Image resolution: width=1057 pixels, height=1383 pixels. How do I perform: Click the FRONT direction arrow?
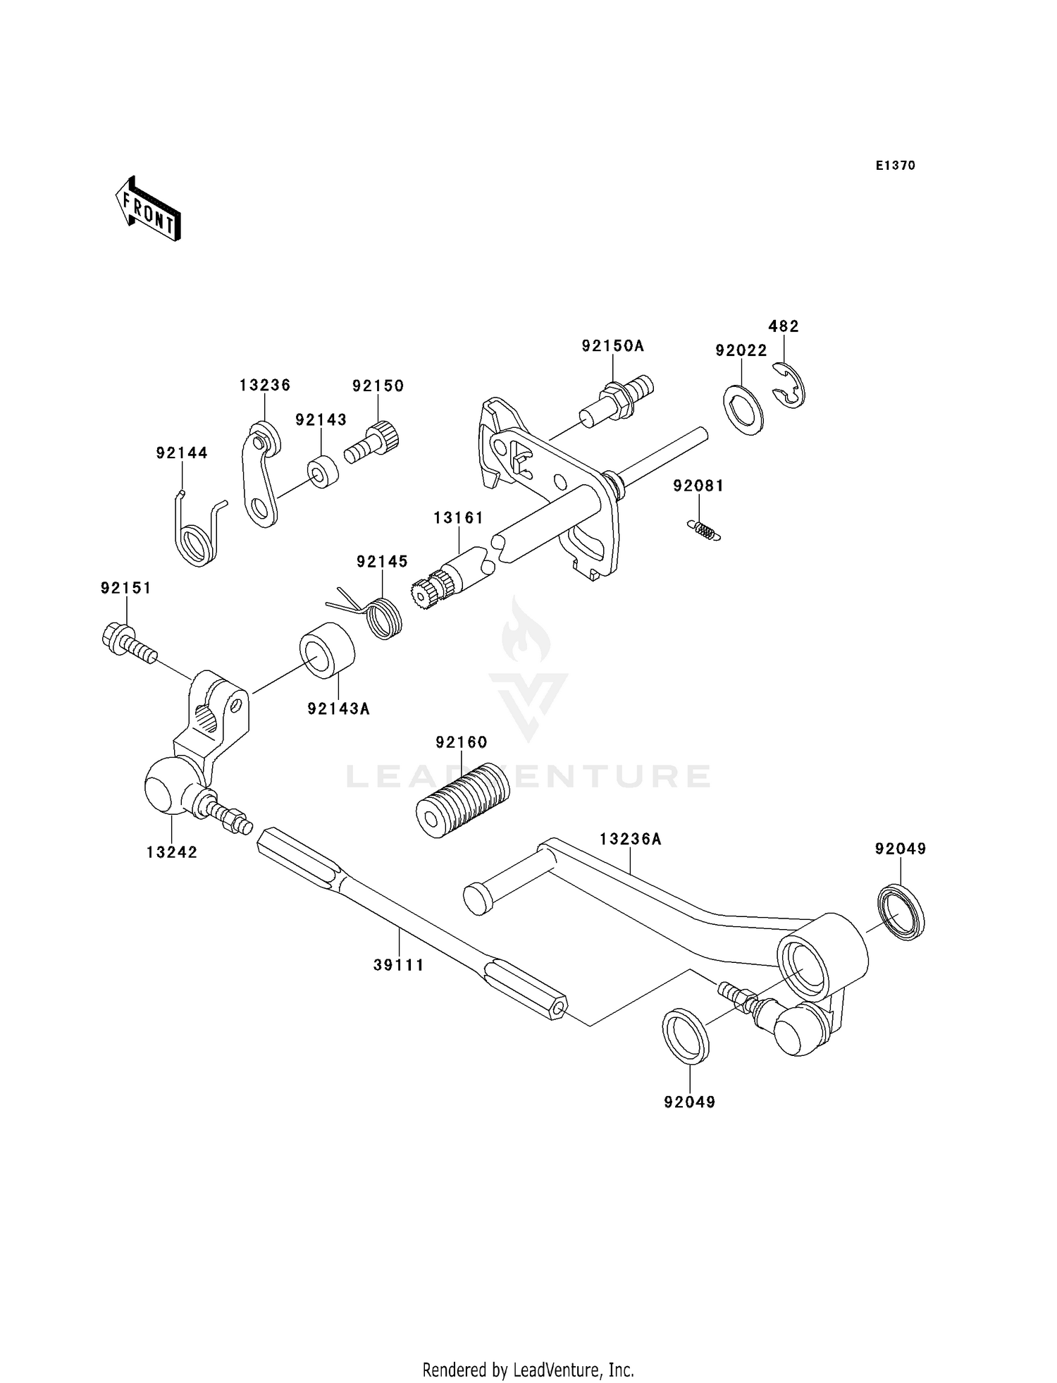pos(149,210)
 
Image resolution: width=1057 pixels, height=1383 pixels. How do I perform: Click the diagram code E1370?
pos(895,166)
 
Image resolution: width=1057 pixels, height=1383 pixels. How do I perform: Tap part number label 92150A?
pos(612,346)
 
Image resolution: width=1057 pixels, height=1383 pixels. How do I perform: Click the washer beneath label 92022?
pos(743,410)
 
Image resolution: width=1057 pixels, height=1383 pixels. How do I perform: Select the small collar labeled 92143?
pos(323,473)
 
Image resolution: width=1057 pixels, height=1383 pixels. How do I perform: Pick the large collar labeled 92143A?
pos(327,651)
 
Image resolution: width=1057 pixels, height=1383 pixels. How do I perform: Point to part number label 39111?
pos(399,965)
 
